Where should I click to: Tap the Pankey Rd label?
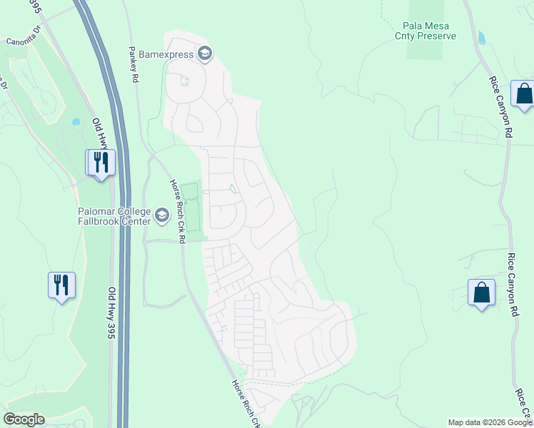(133, 64)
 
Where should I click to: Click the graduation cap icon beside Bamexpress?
(205, 53)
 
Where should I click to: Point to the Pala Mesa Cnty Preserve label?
(425, 30)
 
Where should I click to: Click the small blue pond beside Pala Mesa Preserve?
(482, 37)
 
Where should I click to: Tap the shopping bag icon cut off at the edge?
(523, 94)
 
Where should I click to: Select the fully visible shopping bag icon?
(481, 292)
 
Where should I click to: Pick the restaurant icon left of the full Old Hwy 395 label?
(61, 285)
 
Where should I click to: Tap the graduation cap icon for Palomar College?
(162, 215)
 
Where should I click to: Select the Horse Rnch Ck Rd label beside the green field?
(177, 211)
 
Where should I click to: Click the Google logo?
(24, 419)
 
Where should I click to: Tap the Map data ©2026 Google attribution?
(490, 422)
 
